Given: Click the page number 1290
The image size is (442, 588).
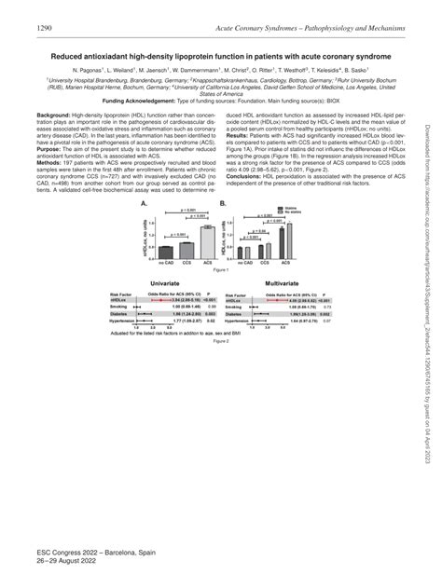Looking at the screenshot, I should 46,30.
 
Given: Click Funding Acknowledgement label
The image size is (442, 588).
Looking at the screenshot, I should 140,99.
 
